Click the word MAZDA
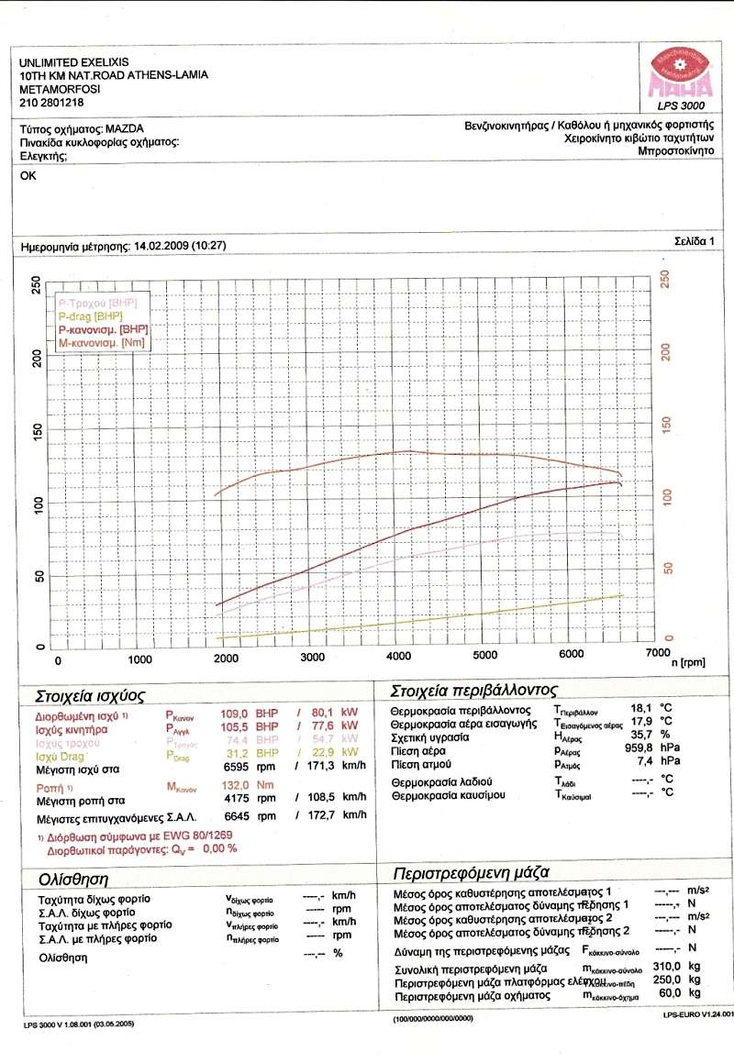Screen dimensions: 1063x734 coord(125,128)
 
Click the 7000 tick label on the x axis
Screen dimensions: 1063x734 coord(657,652)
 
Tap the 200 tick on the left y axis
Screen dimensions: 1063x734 coord(38,359)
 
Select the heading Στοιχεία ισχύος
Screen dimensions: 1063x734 coord(89,695)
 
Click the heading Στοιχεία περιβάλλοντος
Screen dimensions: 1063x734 coord(474,690)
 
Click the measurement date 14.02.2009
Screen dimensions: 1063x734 coord(161,246)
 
